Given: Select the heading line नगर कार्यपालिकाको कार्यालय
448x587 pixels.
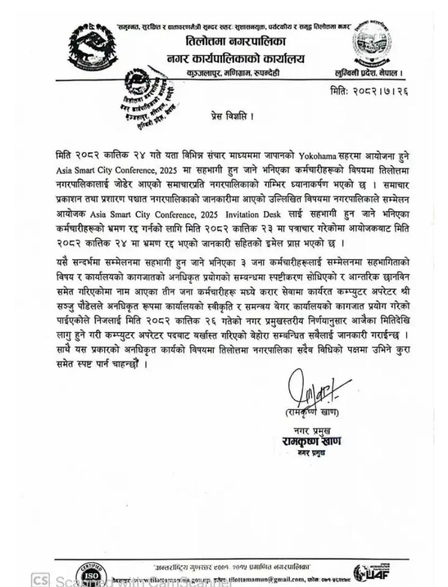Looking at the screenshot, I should click(x=234, y=59).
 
